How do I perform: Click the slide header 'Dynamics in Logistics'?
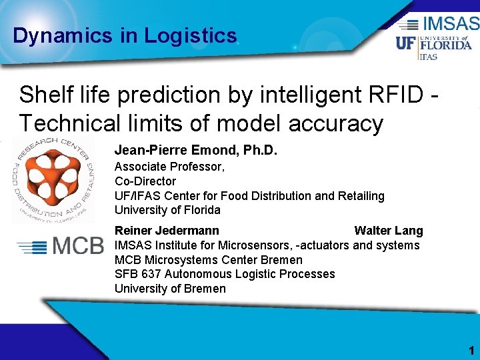pos(125,35)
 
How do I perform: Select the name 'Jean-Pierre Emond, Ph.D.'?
pos(195,151)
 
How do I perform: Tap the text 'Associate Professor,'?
pos(169,167)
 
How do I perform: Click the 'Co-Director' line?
pos(145,181)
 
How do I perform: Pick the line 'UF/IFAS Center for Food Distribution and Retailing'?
pos(249,196)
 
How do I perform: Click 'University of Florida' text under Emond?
pos(167,210)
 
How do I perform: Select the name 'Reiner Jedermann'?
pos(167,231)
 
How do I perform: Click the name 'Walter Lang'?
pos(388,231)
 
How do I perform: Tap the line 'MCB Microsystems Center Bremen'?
pos(208,260)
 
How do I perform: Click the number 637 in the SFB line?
pos(151,274)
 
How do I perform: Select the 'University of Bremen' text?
pos(170,289)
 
